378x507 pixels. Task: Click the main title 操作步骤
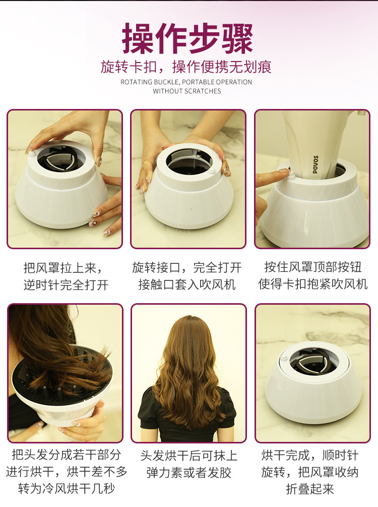(x=187, y=39)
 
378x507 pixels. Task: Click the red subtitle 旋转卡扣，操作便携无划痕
(x=186, y=67)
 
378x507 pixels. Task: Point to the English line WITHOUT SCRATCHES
(x=187, y=91)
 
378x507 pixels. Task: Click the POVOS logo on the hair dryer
(x=316, y=164)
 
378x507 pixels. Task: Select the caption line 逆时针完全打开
(x=66, y=285)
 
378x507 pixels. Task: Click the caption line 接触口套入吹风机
(x=187, y=285)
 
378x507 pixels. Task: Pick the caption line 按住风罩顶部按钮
(x=312, y=267)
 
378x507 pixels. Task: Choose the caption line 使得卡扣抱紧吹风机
(x=312, y=285)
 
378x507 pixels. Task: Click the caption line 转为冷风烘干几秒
(x=66, y=489)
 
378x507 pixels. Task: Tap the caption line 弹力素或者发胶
(x=187, y=473)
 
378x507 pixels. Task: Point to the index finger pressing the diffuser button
(x=272, y=176)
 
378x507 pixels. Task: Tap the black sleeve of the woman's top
(x=148, y=409)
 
